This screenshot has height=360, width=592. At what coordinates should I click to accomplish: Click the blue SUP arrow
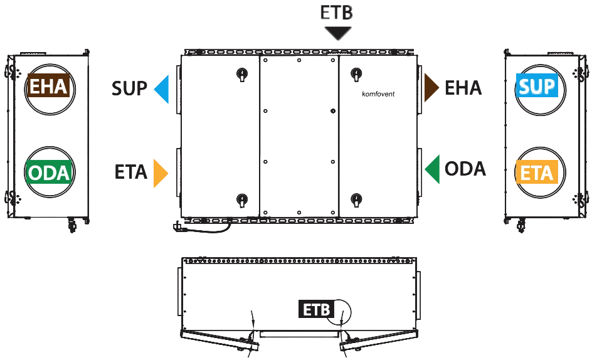(x=162, y=89)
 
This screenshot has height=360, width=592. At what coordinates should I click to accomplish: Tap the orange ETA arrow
(x=160, y=173)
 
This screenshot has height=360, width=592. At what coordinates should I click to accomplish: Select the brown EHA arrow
(x=431, y=88)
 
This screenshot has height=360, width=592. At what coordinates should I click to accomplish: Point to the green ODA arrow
(x=433, y=169)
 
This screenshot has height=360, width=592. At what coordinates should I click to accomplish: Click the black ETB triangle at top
(x=338, y=33)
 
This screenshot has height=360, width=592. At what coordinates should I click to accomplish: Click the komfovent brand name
(x=378, y=94)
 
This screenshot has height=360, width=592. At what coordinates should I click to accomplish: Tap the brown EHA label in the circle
(x=49, y=86)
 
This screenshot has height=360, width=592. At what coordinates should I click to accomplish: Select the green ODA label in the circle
(x=49, y=172)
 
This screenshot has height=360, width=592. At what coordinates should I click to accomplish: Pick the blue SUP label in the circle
(x=537, y=85)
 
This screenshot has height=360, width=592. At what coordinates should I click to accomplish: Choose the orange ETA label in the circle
(x=537, y=172)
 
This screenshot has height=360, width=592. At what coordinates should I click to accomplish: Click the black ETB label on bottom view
(x=317, y=309)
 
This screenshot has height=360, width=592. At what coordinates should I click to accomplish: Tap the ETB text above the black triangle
(x=336, y=12)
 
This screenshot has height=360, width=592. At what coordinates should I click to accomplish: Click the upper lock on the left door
(x=241, y=74)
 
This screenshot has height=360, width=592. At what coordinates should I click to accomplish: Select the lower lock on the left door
(x=241, y=199)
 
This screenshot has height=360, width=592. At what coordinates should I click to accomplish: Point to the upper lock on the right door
(x=356, y=74)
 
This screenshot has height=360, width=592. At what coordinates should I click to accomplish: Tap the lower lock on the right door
(x=356, y=199)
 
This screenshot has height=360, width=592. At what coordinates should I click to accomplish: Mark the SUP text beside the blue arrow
(x=129, y=88)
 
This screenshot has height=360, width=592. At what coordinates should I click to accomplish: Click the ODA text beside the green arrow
(x=465, y=169)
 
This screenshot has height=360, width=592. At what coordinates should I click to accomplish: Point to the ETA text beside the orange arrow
(x=130, y=172)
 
